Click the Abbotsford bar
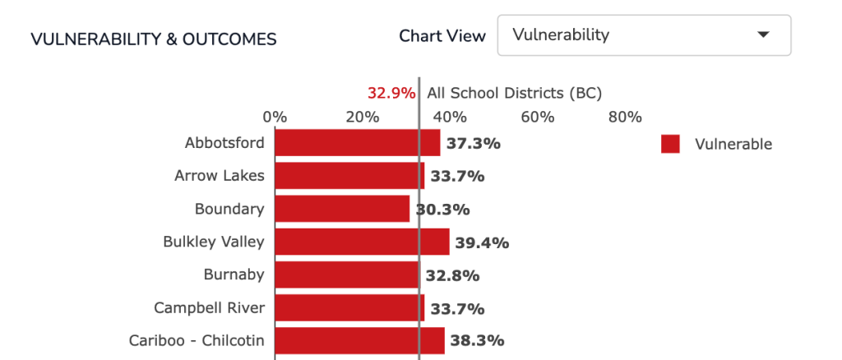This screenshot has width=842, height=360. point(358,143)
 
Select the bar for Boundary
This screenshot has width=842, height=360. point(342,209)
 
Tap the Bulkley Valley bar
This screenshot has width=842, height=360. point(362,242)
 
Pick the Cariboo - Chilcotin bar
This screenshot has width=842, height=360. point(360,341)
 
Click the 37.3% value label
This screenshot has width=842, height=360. point(474,144)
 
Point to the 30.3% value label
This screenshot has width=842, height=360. point(442,210)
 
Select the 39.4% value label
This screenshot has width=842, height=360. point(482,243)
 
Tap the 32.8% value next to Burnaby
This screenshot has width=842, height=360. point(453,276)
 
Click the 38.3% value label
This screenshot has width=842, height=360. point(478,341)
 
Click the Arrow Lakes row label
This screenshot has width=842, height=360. point(220,175)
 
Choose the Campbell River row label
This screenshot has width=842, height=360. point(210,308)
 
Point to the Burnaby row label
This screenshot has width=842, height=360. point(234,275)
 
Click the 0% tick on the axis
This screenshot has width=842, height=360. point(275,117)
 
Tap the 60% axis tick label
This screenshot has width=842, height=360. point(538,117)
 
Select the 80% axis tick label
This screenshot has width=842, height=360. point(626,117)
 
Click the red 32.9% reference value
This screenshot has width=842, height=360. point(391,94)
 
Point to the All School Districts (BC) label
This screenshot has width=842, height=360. point(515,94)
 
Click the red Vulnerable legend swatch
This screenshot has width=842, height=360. point(670,144)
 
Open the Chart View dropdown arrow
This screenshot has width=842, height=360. point(763,35)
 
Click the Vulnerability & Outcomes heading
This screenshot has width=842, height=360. point(154,39)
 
